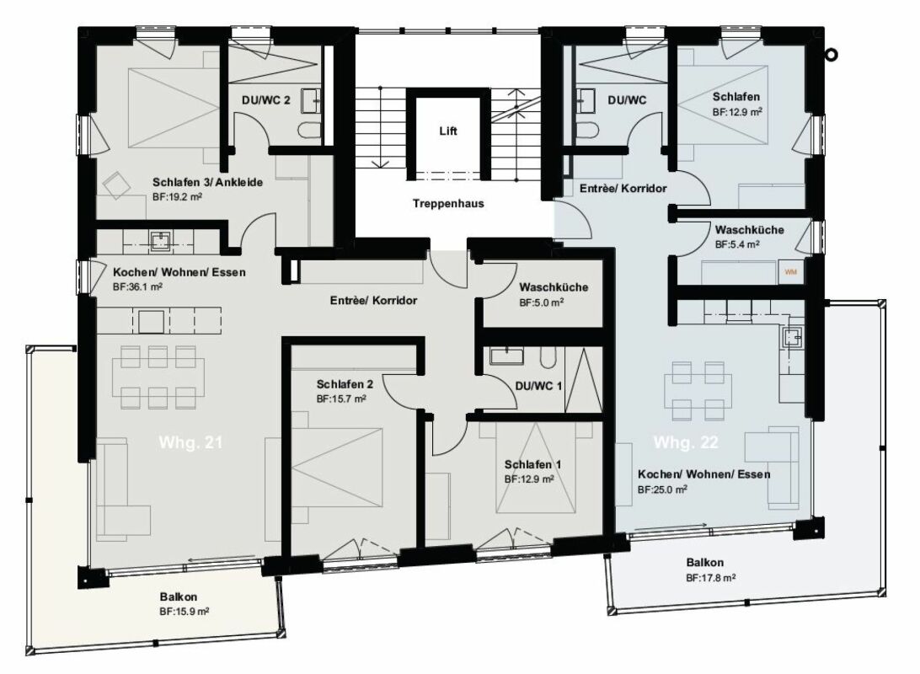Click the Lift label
click(447, 131)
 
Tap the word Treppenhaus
click(448, 204)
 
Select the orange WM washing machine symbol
click(790, 272)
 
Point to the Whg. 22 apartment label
click(685, 441)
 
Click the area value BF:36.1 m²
click(137, 286)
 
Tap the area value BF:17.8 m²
click(711, 578)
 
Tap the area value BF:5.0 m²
click(542, 302)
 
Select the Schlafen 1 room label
click(533, 464)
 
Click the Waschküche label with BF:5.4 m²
click(749, 230)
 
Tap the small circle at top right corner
click(832, 55)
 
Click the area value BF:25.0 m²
click(663, 489)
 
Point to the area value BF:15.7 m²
click(341, 399)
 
